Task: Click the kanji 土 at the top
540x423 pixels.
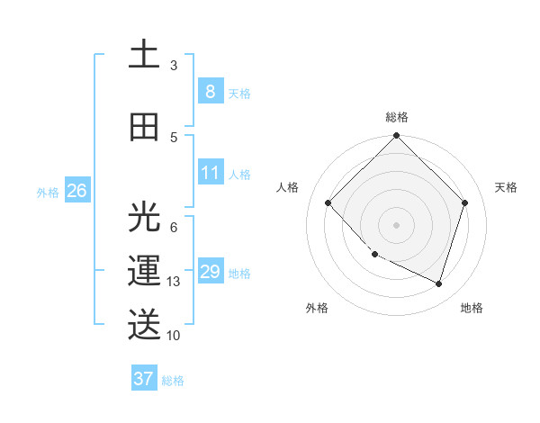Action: [x=144, y=54]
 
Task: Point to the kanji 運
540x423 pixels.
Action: [x=144, y=271]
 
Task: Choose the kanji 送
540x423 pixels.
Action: [x=144, y=325]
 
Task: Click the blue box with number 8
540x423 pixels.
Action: [x=210, y=92]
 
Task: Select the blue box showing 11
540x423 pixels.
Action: [x=210, y=172]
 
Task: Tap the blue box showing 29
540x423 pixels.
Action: [x=210, y=272]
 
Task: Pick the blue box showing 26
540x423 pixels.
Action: [x=76, y=191]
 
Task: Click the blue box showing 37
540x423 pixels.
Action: [x=143, y=379]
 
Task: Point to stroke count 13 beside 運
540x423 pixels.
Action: [x=174, y=282]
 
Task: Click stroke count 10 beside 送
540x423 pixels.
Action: [x=174, y=336]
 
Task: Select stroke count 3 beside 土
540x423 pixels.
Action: [x=174, y=65]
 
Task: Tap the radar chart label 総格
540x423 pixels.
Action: [x=397, y=117]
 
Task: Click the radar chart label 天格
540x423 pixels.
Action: [x=507, y=187]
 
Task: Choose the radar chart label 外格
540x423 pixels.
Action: [x=317, y=308]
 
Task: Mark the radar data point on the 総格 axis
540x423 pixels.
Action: [x=396, y=137]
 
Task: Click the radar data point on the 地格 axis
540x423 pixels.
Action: [x=438, y=283]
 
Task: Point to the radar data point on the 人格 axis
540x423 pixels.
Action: [x=328, y=202]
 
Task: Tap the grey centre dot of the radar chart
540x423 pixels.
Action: [x=396, y=225]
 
